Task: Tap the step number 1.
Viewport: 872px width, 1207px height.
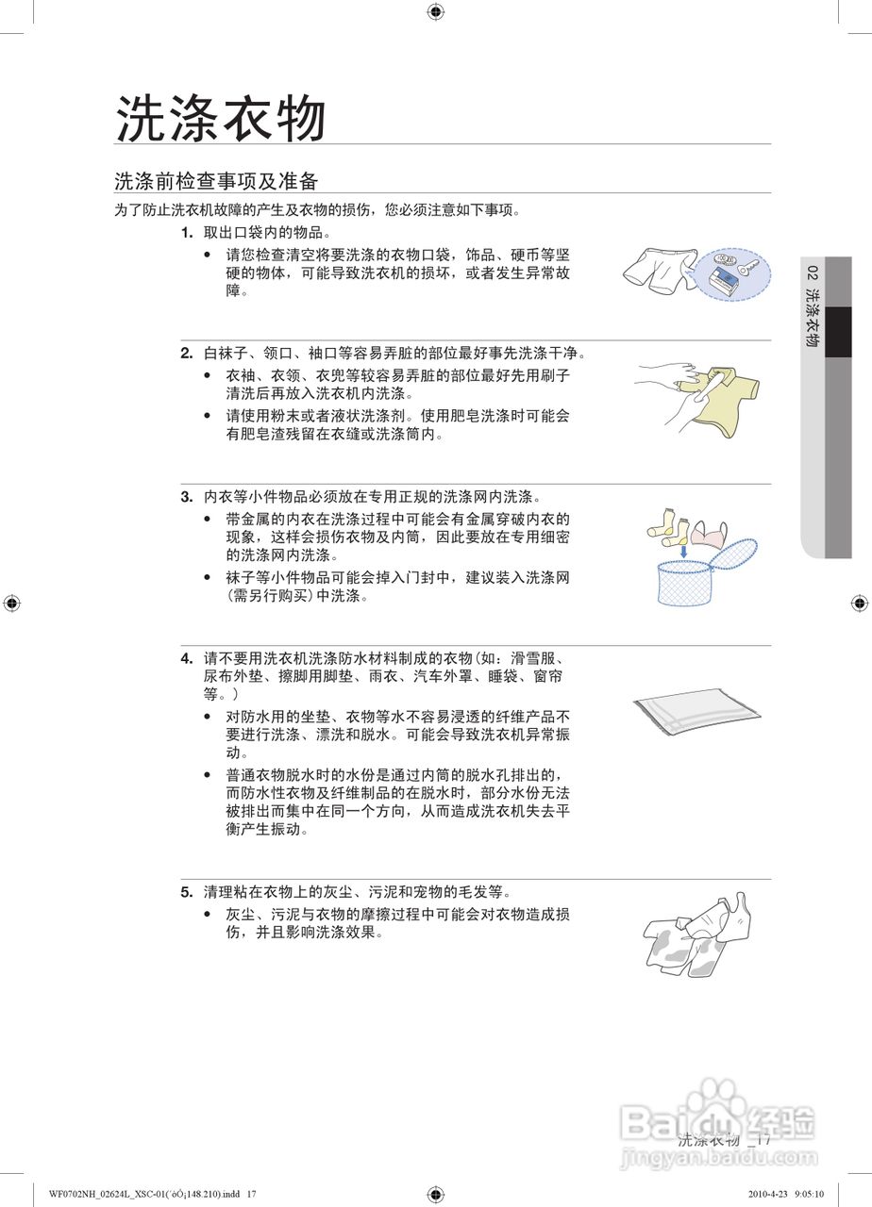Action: coord(187,233)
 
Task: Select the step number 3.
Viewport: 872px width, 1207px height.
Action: coord(187,497)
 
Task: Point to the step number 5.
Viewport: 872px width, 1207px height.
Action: coord(187,891)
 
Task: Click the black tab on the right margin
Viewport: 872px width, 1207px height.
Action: coord(838,333)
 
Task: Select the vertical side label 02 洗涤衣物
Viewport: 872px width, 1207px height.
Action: coord(812,306)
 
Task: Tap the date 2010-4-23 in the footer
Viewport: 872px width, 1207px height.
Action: coord(768,1193)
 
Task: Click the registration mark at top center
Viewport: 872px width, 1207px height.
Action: coord(435,11)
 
